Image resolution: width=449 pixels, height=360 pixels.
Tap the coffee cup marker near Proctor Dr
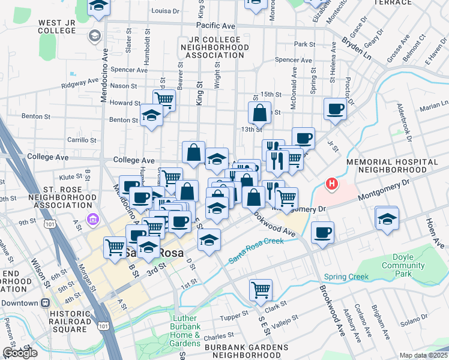tap(336, 109)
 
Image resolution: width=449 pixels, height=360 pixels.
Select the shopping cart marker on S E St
tap(261, 290)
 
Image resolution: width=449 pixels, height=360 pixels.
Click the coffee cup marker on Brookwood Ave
tap(323, 232)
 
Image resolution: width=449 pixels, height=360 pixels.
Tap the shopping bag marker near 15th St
tap(260, 112)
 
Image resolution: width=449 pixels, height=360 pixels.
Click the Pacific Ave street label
tap(215, 26)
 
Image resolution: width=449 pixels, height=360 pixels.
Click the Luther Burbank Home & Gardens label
tap(185, 331)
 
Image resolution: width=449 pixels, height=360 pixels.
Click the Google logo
tap(20, 353)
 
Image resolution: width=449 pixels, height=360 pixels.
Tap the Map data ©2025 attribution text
tap(423, 355)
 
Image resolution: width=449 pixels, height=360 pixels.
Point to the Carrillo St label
tap(82, 140)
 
